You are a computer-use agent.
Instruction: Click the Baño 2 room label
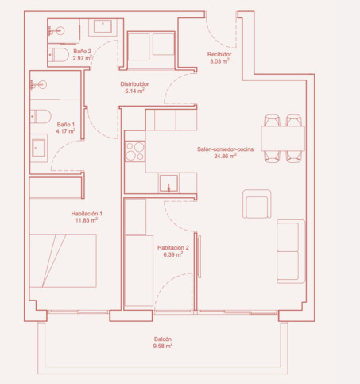click(x=82, y=51)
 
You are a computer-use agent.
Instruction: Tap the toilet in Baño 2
click(x=59, y=55)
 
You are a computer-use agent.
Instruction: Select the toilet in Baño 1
click(x=41, y=116)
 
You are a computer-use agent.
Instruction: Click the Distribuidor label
click(x=134, y=84)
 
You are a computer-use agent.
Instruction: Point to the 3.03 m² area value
click(x=219, y=61)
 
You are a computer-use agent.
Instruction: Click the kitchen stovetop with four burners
click(x=135, y=151)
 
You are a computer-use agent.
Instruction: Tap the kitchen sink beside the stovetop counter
click(x=168, y=183)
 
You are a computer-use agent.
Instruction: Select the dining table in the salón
click(x=283, y=138)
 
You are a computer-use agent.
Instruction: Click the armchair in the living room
click(x=257, y=204)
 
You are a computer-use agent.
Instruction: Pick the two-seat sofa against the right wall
click(x=291, y=251)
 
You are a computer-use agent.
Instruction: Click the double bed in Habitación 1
click(x=63, y=261)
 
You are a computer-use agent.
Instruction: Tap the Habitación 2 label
click(x=173, y=248)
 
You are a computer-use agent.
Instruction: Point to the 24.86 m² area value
click(x=225, y=156)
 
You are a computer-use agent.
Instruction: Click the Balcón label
click(x=163, y=339)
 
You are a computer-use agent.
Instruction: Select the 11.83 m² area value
click(x=87, y=220)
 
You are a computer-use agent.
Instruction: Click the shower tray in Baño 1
click(x=39, y=148)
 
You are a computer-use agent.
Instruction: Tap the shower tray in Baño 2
click(x=103, y=27)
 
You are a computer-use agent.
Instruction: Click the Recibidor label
click(x=219, y=54)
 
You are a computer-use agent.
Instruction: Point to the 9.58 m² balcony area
click(x=163, y=346)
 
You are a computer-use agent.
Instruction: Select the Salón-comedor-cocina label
click(x=225, y=149)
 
